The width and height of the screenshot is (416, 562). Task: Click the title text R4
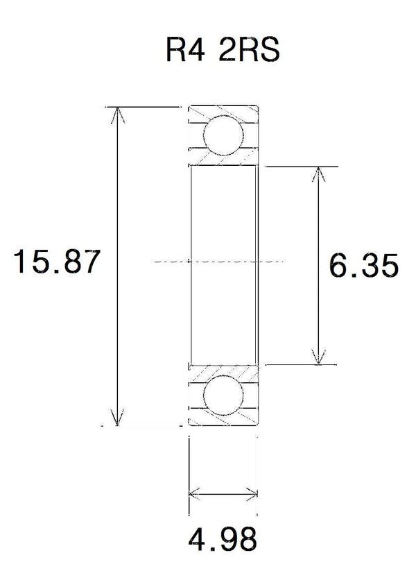185,49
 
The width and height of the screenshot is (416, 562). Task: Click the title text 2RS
249,49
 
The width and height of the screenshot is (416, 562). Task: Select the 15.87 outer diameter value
56,262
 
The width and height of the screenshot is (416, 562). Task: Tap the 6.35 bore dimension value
363,266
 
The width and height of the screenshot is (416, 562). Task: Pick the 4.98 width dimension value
223,539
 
